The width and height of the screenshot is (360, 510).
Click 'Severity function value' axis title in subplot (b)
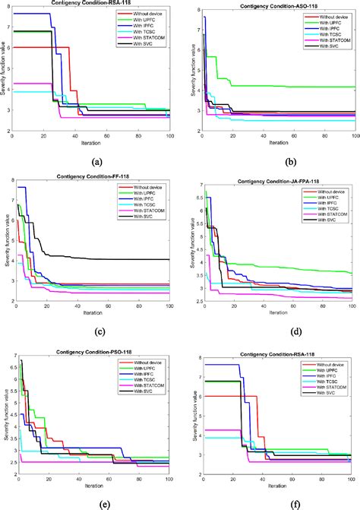coord(188,70)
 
